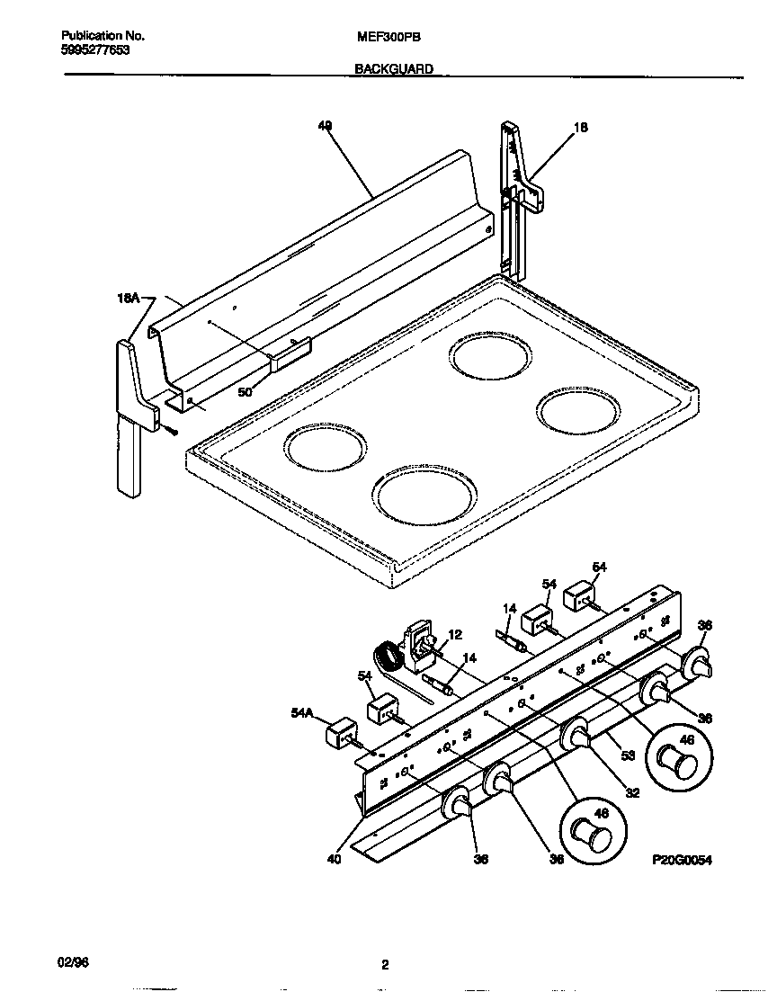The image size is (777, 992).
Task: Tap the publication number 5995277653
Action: tap(95, 51)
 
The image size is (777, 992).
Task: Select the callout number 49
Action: tap(325, 127)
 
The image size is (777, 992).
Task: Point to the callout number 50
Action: tap(245, 392)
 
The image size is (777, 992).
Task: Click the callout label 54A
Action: tap(302, 713)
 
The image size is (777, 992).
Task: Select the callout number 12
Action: tap(454, 635)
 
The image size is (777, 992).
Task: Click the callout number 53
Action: tap(628, 756)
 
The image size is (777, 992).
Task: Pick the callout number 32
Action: tap(632, 792)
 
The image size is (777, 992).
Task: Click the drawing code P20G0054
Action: tap(682, 860)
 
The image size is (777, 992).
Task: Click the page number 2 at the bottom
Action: tap(385, 966)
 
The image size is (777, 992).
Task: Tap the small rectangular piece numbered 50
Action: tap(290, 353)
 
